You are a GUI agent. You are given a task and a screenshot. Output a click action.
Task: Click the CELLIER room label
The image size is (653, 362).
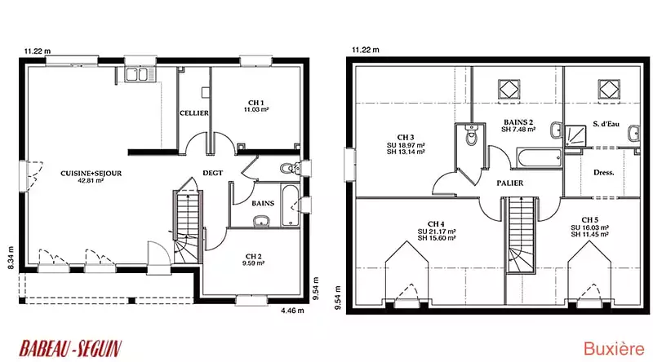(x=194, y=113)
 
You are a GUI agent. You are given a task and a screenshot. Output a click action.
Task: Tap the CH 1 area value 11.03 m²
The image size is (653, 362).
(x=256, y=110)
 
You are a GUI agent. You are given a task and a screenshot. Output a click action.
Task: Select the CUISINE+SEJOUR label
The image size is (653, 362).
(x=91, y=174)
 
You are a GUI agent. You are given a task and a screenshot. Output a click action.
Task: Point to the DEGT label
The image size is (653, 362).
(x=213, y=173)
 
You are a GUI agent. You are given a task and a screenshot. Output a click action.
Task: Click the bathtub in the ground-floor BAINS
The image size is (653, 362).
(x=291, y=205)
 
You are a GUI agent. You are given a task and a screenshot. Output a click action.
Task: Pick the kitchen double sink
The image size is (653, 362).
(x=136, y=75)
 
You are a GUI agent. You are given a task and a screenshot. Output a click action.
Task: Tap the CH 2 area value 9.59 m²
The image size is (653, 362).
(x=253, y=263)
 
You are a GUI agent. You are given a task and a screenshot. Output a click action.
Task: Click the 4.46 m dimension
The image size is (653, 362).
(x=292, y=311)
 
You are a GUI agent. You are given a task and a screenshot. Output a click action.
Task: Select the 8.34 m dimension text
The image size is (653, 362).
(x=11, y=258)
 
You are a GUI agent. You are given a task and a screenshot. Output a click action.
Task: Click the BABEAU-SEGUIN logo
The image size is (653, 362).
(x=70, y=348)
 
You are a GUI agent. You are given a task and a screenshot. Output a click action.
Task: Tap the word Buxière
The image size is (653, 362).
(x=614, y=349)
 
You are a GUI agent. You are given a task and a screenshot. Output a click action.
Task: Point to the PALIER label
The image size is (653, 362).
(x=509, y=183)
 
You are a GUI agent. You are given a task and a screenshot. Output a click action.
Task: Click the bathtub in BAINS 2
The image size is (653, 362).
(x=540, y=157)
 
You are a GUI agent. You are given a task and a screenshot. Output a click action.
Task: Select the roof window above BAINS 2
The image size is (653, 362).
(x=509, y=89)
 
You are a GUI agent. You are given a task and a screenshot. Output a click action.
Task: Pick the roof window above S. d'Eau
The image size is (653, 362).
(x=609, y=89)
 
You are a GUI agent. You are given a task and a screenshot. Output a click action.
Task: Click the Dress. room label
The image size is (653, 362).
(x=604, y=172)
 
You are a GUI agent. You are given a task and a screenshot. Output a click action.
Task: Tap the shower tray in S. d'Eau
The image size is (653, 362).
(x=575, y=135)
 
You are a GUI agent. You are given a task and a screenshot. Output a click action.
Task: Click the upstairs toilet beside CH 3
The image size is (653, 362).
(x=471, y=135)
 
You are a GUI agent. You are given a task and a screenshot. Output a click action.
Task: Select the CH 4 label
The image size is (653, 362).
(x=436, y=224)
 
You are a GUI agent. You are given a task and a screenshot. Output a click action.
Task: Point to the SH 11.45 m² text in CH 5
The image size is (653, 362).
(x=589, y=235)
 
